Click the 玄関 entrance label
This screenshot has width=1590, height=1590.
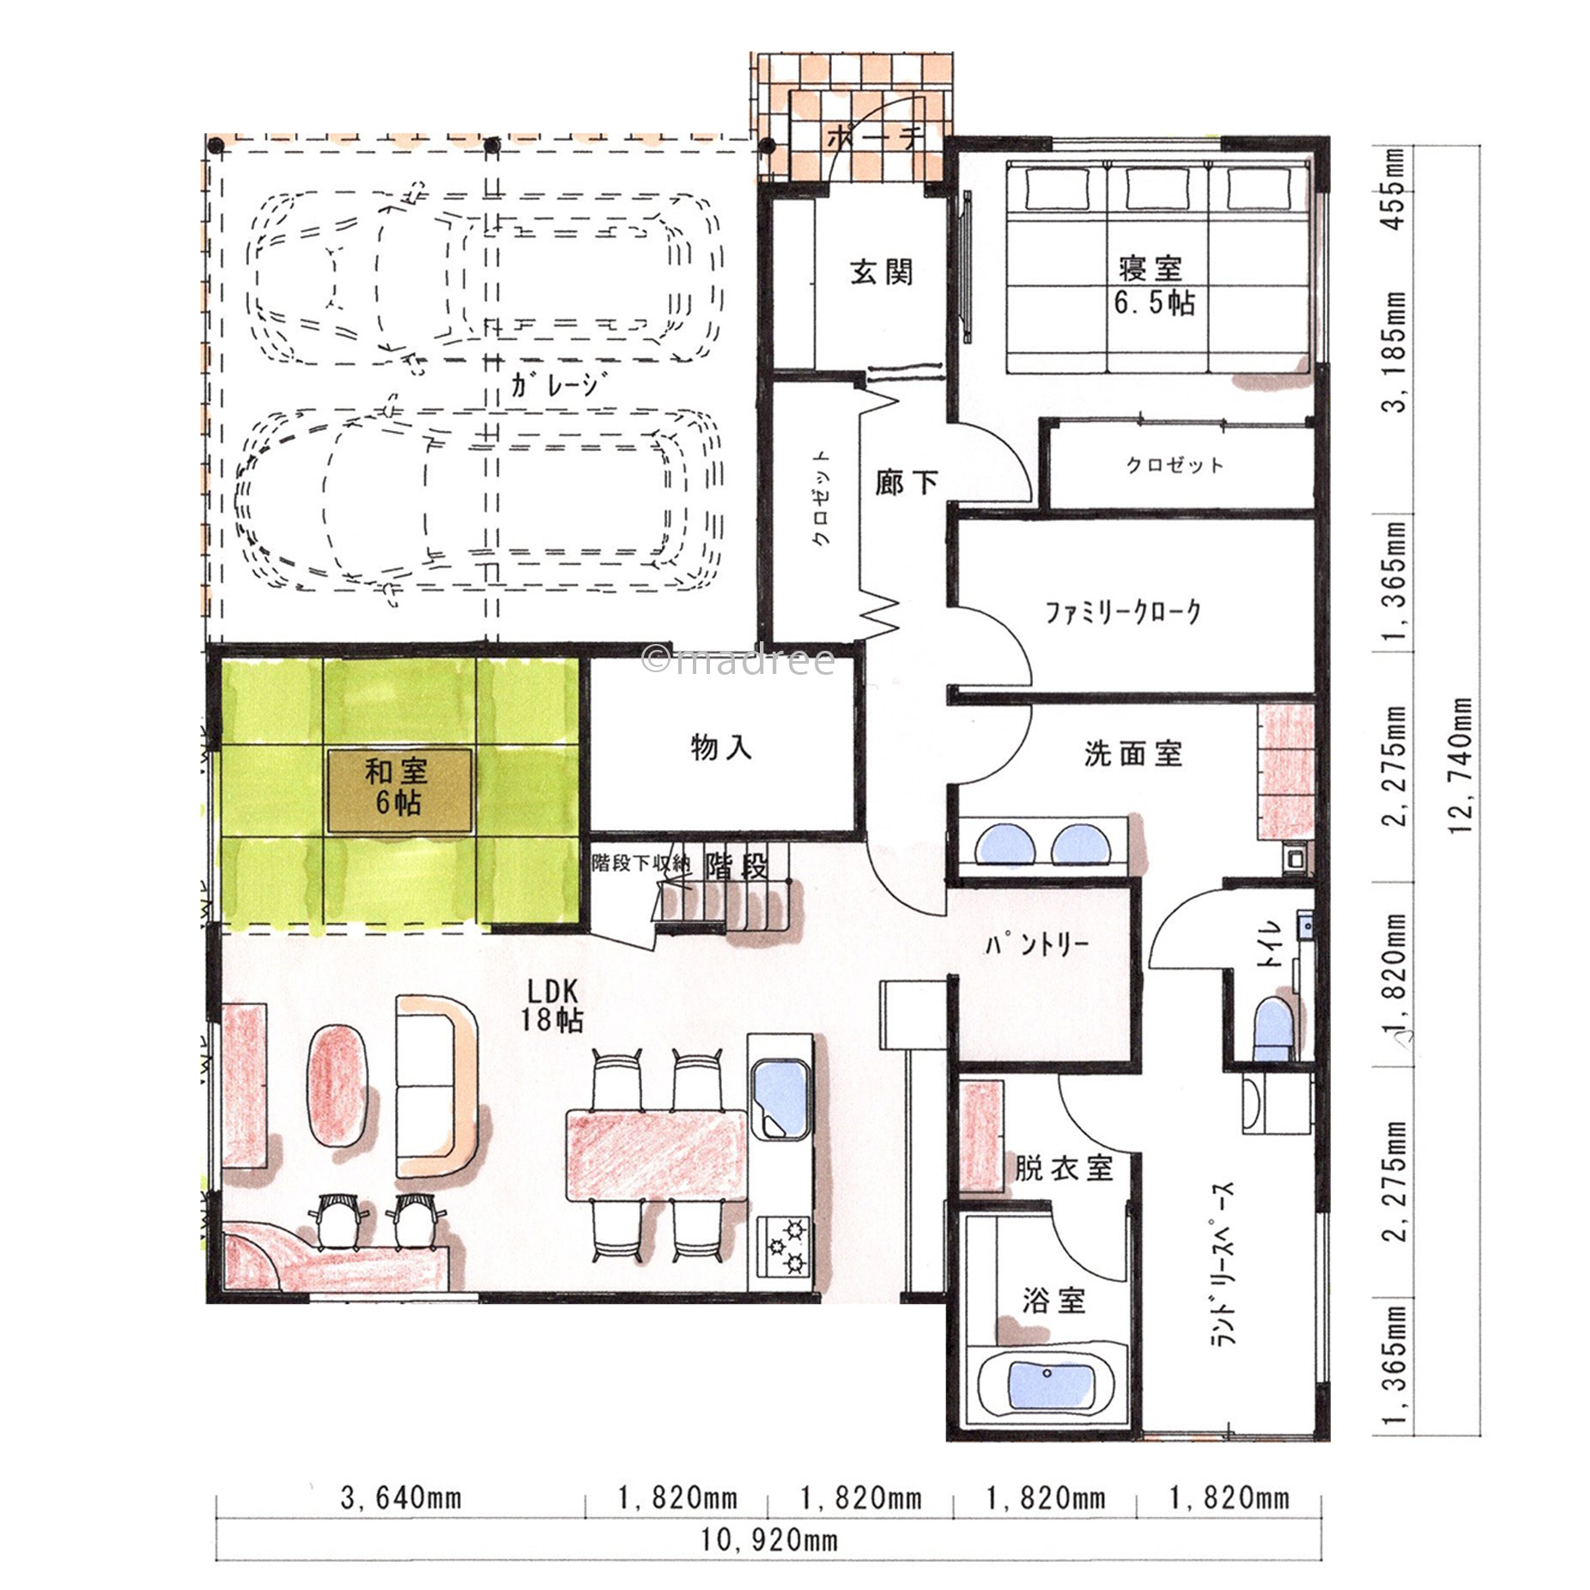click(881, 272)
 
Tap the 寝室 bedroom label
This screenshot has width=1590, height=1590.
click(1150, 269)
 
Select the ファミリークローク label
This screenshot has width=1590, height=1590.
click(1123, 612)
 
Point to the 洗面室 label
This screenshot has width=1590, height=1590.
click(1132, 754)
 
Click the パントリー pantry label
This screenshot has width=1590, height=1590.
click(1037, 945)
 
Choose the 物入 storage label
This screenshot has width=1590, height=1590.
click(721, 748)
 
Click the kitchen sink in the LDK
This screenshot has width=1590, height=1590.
click(780, 1100)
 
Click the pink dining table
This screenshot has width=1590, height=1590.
click(658, 1156)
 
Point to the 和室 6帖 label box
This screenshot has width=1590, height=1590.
click(399, 790)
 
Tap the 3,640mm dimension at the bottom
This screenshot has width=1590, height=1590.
click(401, 1498)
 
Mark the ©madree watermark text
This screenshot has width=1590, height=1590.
click(738, 659)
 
